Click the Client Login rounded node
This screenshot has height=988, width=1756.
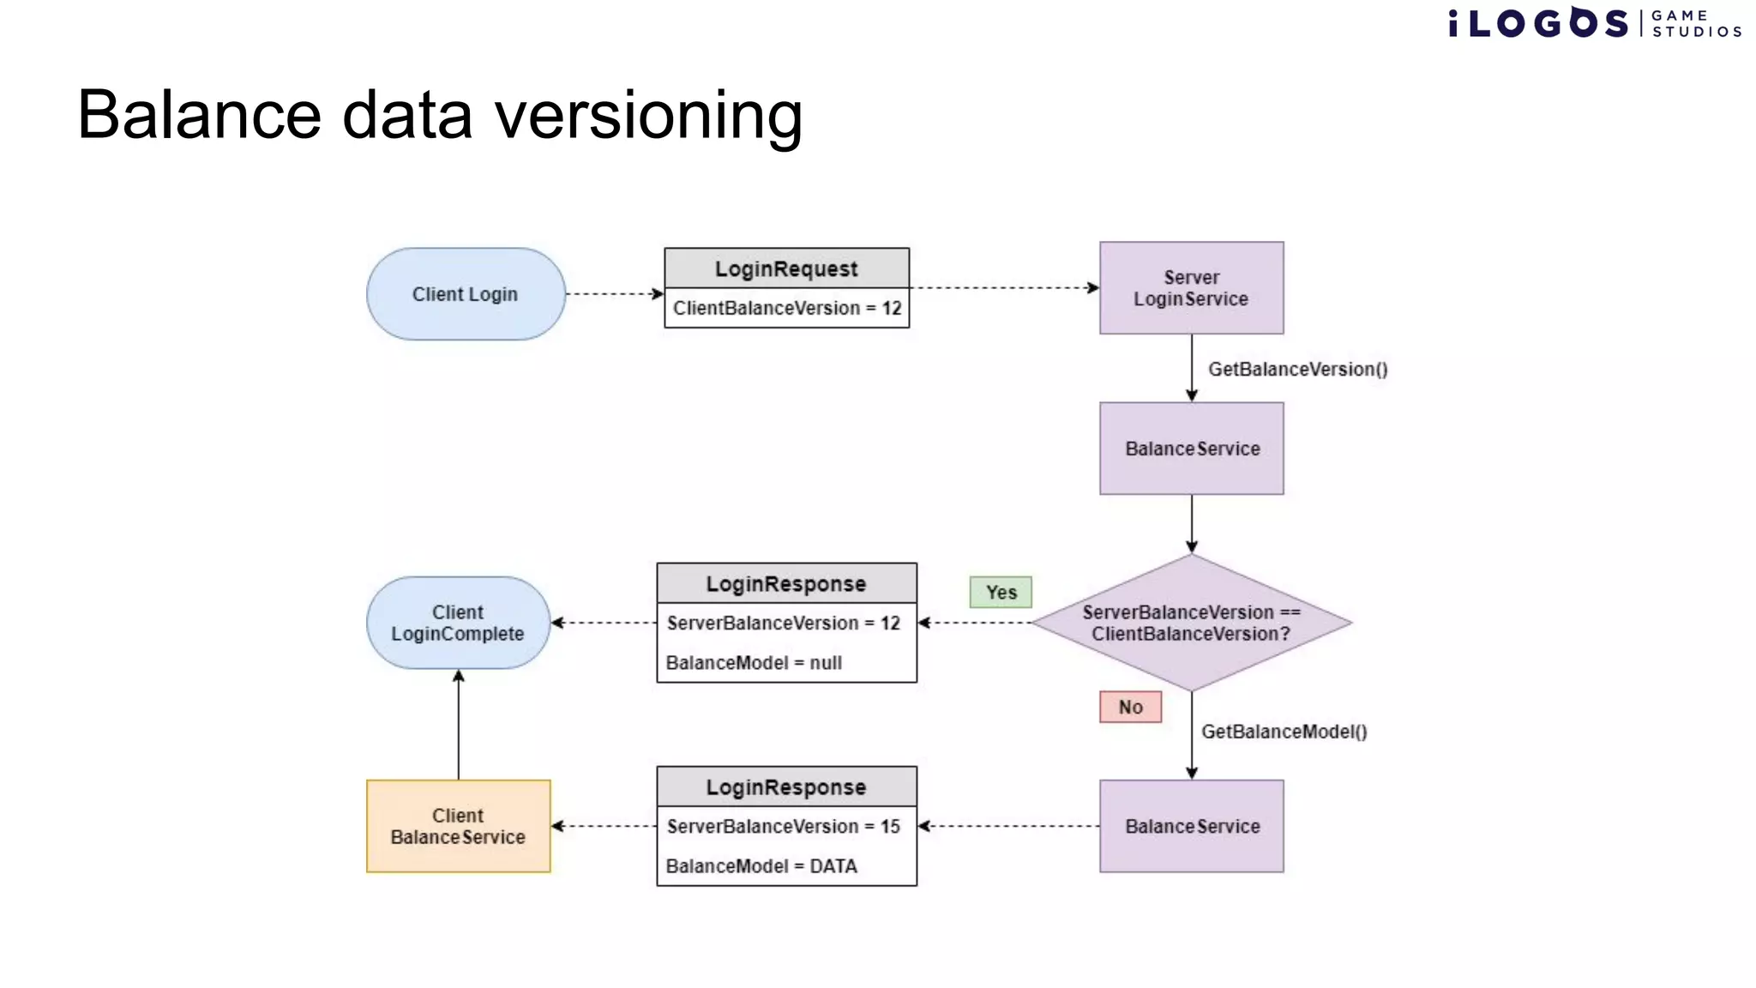click(466, 294)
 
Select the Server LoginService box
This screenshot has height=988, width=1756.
click(1191, 288)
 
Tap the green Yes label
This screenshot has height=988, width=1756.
click(1001, 593)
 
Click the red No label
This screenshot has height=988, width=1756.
click(1130, 708)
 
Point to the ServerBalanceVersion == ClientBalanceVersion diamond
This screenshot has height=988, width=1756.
click(1191, 623)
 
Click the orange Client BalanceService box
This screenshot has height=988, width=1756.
click(458, 826)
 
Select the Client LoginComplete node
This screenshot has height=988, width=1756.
click(458, 623)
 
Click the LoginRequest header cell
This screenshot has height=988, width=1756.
click(786, 268)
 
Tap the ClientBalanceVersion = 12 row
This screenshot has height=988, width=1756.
click(786, 308)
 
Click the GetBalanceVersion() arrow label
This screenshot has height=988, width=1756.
click(1297, 370)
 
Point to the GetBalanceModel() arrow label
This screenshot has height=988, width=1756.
click(1284, 732)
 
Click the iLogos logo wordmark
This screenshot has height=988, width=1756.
click(1538, 23)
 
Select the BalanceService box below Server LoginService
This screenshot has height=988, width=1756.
click(1191, 449)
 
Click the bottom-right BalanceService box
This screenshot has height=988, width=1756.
click(1191, 826)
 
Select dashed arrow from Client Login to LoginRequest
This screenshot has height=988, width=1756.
click(614, 294)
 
